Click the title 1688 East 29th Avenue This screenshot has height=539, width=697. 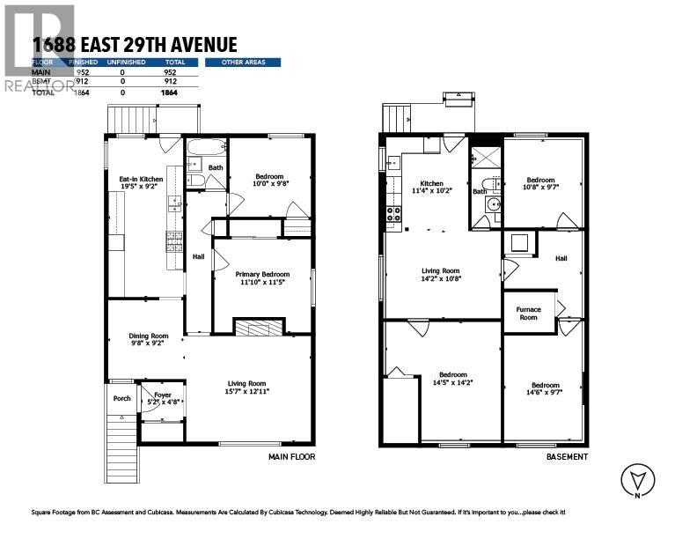(133, 44)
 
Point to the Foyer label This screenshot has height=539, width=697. (163, 400)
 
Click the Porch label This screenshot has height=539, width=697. (121, 398)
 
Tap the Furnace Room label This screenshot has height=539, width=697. (528, 314)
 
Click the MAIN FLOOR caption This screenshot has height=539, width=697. (291, 457)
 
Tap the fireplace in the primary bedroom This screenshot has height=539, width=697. (259, 328)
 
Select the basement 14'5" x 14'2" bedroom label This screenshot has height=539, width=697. (452, 379)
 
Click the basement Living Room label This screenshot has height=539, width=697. (439, 274)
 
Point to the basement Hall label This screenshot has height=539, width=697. (561, 258)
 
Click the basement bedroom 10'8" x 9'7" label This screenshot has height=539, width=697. (540, 183)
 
